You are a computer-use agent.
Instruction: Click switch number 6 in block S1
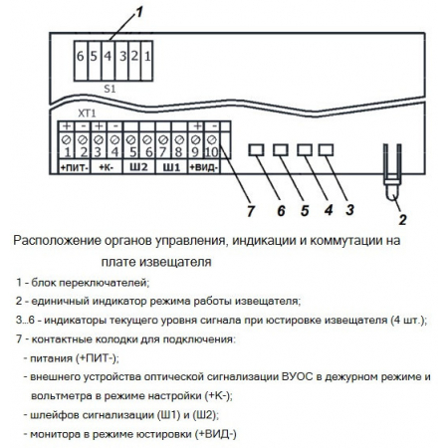[81, 58]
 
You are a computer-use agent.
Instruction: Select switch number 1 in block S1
[146, 58]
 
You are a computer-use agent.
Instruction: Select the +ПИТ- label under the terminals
[75, 169]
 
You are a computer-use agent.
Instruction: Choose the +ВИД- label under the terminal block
[204, 169]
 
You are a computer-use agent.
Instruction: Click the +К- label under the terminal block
[107, 169]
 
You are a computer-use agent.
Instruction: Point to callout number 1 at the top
[140, 12]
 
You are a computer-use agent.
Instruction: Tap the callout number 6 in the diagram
[280, 212]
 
